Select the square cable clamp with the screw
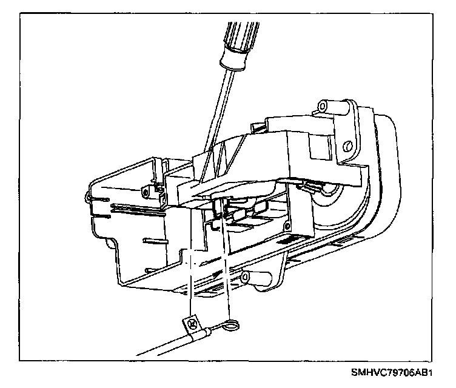click(193, 324)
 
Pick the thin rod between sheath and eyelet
click(215, 330)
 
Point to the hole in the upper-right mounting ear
click(347, 146)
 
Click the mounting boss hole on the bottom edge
click(246, 277)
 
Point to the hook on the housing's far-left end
click(90, 197)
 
